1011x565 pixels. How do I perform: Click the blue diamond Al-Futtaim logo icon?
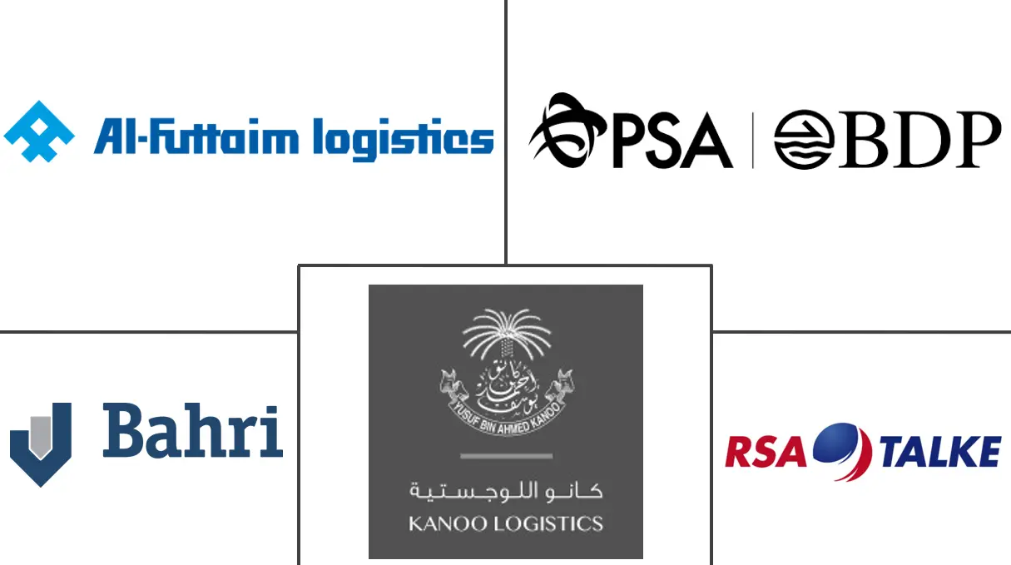[x=39, y=131]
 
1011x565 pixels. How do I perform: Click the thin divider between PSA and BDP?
[x=753, y=140]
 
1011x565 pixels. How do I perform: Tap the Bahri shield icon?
[x=40, y=444]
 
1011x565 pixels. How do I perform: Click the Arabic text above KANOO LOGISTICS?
[x=506, y=490]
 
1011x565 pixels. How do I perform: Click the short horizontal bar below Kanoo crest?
[x=506, y=456]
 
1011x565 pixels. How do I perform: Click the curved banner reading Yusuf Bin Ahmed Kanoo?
[x=506, y=414]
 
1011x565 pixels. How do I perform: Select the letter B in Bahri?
[x=123, y=431]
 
